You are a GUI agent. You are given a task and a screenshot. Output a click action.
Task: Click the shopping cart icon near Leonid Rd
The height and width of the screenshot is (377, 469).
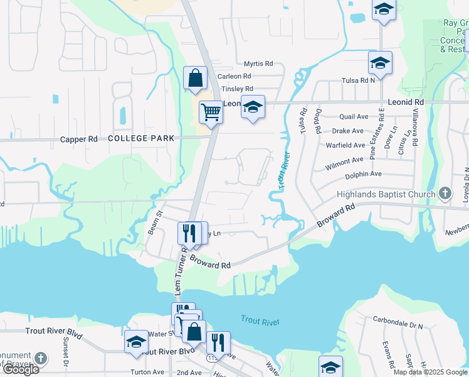(211, 112)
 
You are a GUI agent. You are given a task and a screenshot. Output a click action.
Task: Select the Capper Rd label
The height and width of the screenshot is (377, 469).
(79, 139)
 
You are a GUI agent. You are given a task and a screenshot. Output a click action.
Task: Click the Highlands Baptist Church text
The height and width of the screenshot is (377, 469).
(386, 194)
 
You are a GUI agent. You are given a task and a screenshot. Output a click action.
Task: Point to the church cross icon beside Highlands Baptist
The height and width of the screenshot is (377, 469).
(445, 194)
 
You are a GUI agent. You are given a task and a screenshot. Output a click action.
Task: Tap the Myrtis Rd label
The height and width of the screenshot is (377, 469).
(258, 63)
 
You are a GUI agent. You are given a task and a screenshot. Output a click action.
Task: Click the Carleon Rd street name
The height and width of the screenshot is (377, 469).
(234, 76)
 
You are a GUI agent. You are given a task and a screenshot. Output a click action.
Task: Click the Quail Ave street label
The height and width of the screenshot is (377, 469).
(354, 116)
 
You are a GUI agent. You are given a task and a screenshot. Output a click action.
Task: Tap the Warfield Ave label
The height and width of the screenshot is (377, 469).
(346, 145)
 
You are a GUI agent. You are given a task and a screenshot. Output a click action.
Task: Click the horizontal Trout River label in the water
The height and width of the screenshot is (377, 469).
(260, 322)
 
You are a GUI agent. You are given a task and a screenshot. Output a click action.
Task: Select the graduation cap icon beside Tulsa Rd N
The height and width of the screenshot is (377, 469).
(380, 63)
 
